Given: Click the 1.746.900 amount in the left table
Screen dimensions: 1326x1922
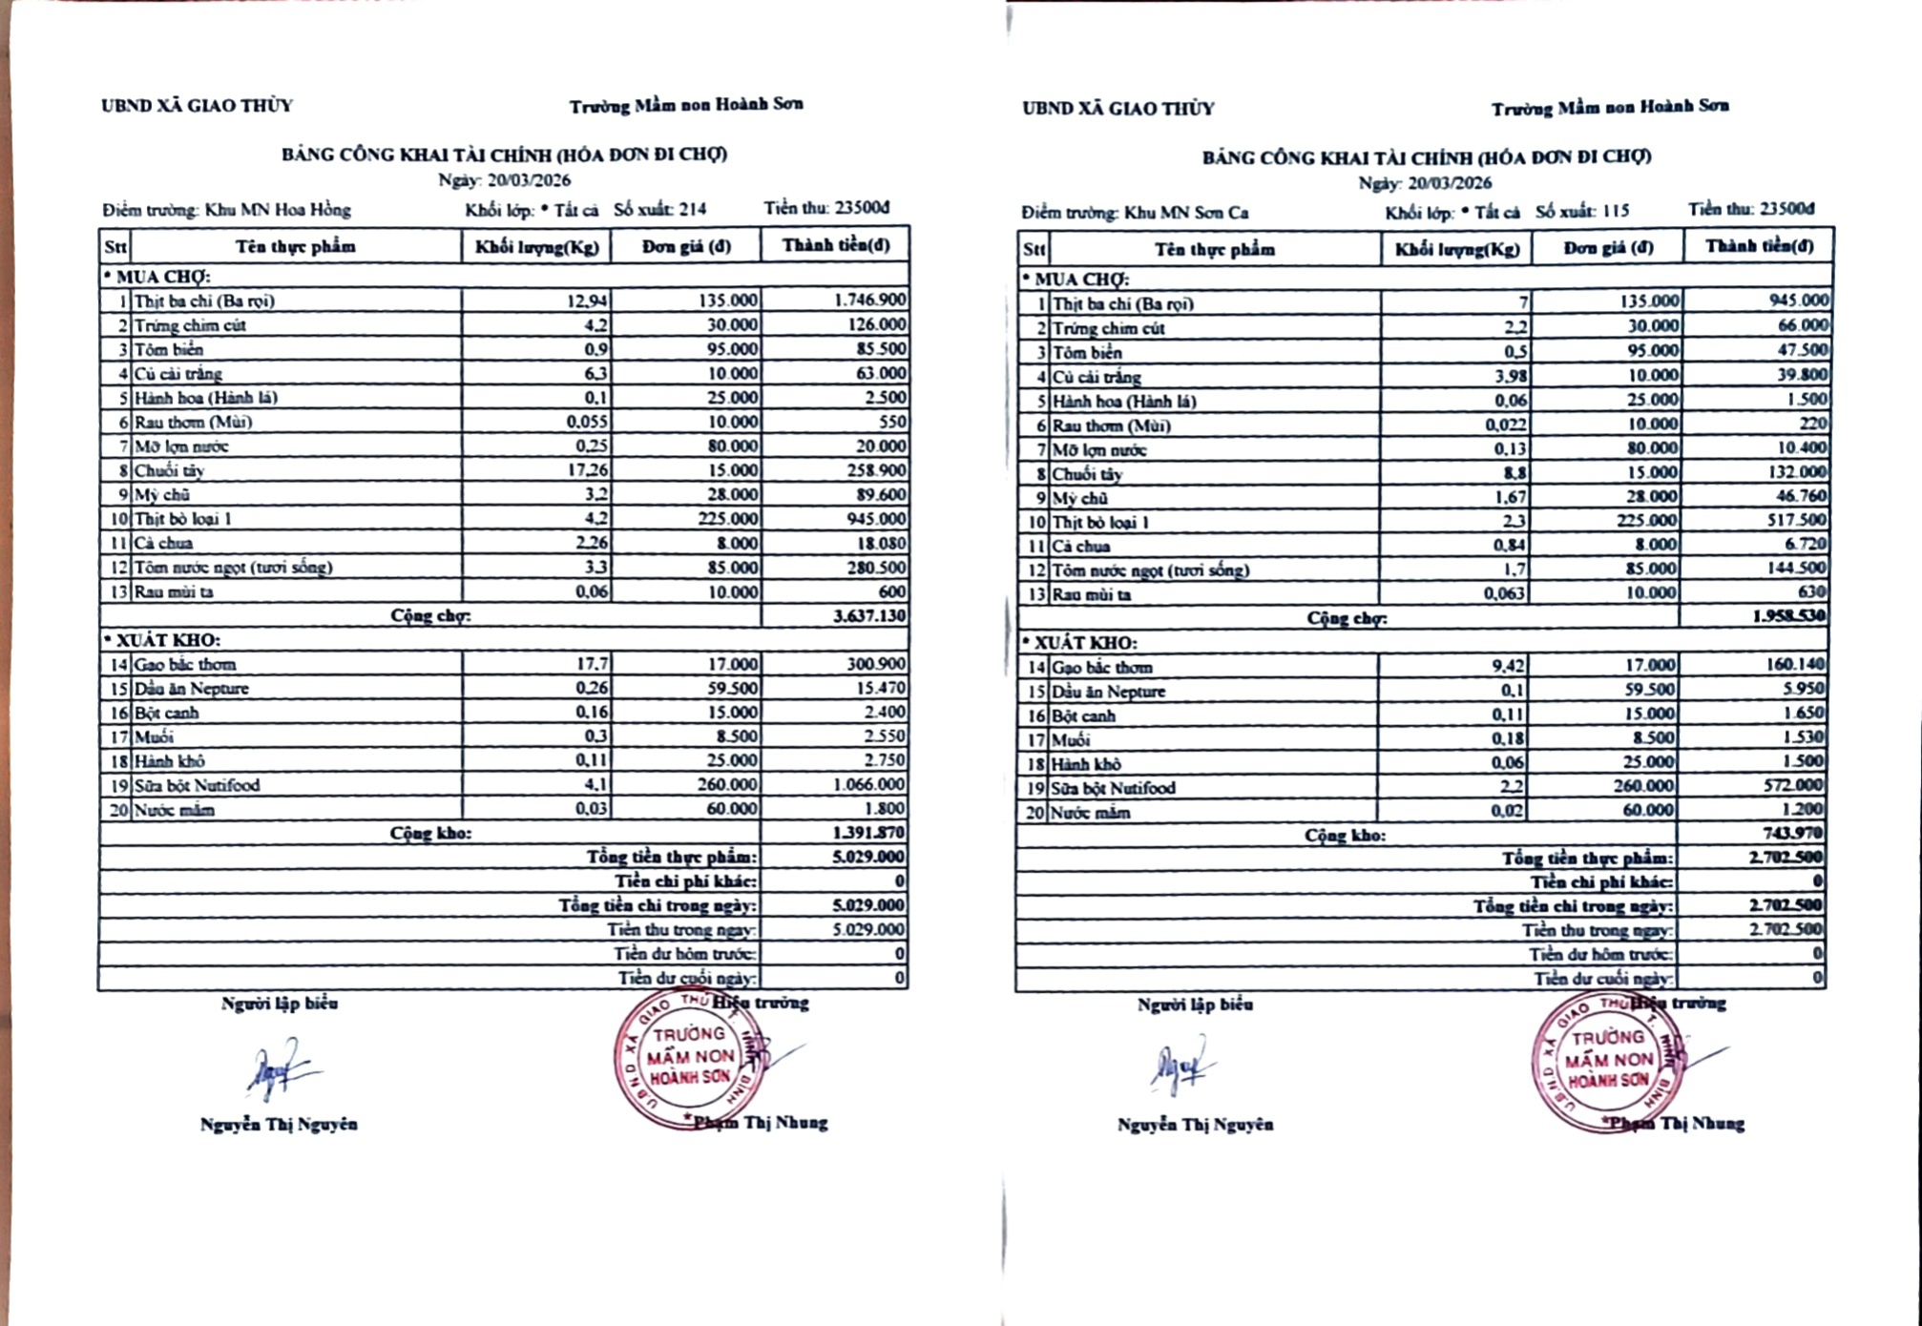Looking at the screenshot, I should coord(869,300).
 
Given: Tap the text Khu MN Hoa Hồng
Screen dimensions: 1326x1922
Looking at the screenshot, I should coord(277,210).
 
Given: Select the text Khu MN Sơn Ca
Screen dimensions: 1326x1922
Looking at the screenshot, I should coord(1185,213).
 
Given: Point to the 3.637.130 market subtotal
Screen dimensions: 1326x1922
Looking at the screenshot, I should coord(868,616).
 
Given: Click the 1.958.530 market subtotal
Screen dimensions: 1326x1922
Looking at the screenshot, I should coord(1788,616).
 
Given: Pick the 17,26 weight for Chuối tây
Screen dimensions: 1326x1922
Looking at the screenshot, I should coord(585,470).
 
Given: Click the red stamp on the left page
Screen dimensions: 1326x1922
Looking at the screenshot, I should coord(688,1060).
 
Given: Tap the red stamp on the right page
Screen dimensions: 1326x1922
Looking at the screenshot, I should coord(1607,1062).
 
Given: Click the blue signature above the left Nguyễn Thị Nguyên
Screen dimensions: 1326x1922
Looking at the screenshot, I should coord(279,1068).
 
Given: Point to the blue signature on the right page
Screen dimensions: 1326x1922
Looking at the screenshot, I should coord(1180,1067).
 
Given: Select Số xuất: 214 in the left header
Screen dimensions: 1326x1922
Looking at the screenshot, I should coord(659,210).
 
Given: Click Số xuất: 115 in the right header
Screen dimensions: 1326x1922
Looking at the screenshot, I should coord(1581,212).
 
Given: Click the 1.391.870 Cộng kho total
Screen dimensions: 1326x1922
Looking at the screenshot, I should coord(868,833).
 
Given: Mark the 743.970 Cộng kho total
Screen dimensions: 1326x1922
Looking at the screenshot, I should coord(1793,834).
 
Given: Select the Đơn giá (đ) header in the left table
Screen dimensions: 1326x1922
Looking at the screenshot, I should coord(686,246).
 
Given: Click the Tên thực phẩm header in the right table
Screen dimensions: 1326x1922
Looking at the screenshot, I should coord(1214,250).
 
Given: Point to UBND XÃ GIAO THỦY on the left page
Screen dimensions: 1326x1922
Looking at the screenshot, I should coord(197,106).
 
